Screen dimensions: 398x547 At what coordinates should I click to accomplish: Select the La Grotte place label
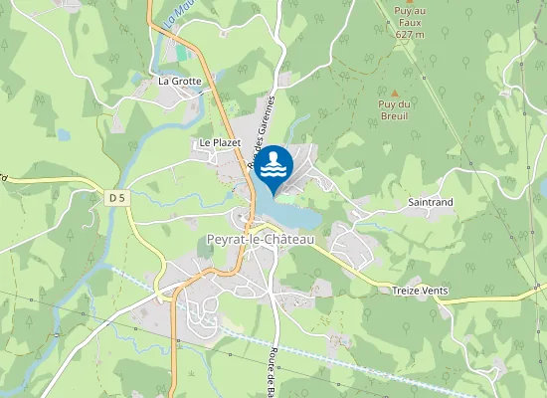(180, 81)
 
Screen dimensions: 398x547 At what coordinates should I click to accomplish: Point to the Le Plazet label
(220, 142)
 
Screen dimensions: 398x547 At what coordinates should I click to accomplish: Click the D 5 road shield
(117, 198)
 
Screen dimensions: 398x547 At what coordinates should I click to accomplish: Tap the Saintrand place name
(431, 202)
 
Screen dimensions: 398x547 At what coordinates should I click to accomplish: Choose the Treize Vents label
(420, 291)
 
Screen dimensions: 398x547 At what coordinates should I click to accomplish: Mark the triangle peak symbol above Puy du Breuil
(395, 94)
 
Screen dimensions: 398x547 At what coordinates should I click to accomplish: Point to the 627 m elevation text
(409, 35)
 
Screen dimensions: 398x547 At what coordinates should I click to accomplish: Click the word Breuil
(395, 116)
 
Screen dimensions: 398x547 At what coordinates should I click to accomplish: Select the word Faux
(410, 24)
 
